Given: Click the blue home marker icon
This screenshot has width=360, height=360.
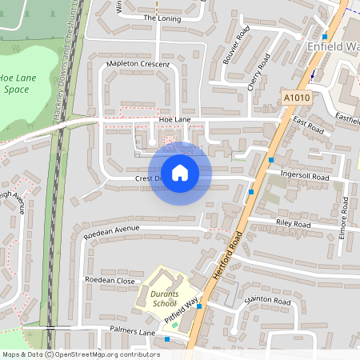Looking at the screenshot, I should [180, 172].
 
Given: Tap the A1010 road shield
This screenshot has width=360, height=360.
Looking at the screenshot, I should [296, 98].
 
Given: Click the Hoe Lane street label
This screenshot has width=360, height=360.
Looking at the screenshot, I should [174, 119].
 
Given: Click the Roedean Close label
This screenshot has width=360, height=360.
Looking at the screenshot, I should [110, 281].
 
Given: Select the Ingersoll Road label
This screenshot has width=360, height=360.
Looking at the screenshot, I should [305, 176].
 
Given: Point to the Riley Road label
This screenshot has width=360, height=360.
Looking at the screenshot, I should [292, 225].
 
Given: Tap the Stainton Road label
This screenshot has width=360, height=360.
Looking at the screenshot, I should [267, 302].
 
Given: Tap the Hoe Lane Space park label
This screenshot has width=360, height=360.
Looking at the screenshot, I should [15, 83].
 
